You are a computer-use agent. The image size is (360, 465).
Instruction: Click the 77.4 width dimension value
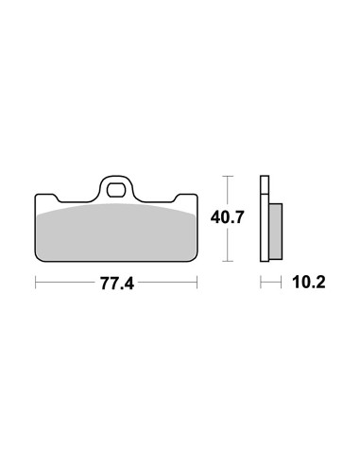click(115, 283)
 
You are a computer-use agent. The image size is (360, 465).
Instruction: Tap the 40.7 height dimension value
click(227, 216)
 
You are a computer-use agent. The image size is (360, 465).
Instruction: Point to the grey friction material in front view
click(115, 232)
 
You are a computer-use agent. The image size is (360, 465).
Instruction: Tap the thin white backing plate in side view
click(265, 217)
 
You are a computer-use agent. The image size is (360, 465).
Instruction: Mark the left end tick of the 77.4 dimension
click(35, 283)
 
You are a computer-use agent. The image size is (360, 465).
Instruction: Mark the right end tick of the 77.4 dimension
click(197, 283)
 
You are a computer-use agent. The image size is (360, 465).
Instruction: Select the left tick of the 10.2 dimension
click(262, 283)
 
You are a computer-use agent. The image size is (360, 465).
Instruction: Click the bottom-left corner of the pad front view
click(37, 259)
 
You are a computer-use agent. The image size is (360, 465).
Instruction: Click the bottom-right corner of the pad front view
click(194, 259)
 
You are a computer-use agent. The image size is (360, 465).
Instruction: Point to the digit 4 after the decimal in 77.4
click(129, 283)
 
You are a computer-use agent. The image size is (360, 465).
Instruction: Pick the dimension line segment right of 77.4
click(166, 283)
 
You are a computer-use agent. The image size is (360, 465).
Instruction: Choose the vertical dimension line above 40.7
click(227, 191)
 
